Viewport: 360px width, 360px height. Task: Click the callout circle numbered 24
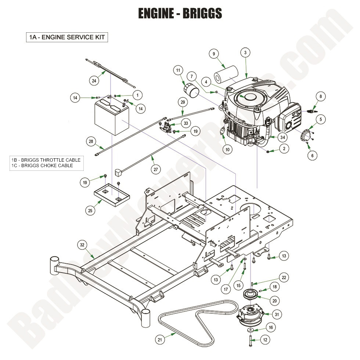[94, 80]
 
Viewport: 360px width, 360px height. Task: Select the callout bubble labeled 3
[245, 53]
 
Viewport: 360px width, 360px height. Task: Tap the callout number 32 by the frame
[82, 245]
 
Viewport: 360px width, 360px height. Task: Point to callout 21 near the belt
[160, 340]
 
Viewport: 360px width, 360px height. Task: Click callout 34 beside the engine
[282, 138]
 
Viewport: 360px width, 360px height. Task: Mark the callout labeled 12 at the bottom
[265, 340]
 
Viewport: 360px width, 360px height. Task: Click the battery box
[111, 117]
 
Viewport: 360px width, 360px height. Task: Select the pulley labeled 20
[251, 296]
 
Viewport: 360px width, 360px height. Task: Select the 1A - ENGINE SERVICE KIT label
[67, 37]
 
